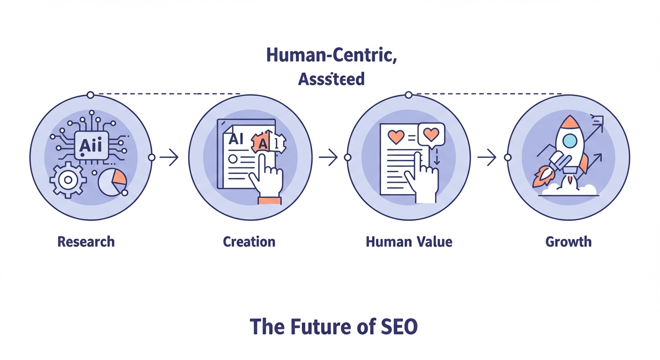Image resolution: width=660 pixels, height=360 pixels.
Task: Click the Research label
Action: point(86,242)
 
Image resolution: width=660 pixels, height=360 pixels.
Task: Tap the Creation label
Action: point(249,242)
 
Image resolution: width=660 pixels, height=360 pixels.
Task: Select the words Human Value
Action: point(409,242)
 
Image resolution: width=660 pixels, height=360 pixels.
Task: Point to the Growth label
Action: point(568,242)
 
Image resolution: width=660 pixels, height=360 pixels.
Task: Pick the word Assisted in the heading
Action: point(331,79)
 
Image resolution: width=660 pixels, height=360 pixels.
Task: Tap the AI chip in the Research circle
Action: point(91,146)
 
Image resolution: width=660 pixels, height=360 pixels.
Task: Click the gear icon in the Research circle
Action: point(68,180)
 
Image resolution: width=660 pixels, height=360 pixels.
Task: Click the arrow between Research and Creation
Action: point(169,157)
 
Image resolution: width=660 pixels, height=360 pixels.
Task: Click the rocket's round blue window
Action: point(570,140)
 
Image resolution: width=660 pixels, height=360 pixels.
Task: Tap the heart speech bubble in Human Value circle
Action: point(431,135)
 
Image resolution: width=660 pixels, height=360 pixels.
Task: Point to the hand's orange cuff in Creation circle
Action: point(270,201)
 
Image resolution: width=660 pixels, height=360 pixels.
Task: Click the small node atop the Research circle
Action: point(90,95)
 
